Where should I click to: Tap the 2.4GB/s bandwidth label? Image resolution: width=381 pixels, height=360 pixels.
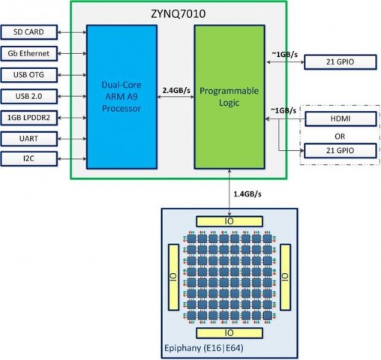(x=174, y=91)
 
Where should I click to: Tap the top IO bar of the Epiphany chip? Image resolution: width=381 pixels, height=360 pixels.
(x=229, y=221)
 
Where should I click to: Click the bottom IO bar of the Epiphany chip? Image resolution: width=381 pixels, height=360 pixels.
(x=229, y=331)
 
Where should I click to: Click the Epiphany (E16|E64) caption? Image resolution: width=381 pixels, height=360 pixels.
(x=201, y=348)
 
